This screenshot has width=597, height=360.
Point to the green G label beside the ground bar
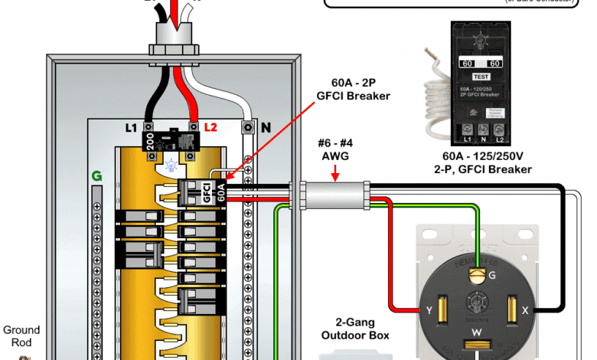[96, 176]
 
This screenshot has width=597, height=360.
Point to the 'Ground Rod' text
[21, 336]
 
